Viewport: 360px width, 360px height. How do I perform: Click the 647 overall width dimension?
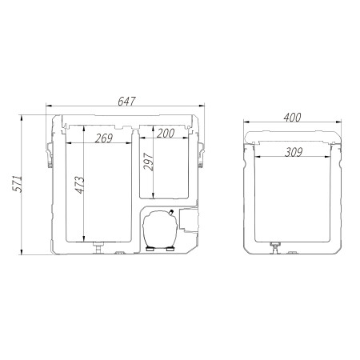(126, 102)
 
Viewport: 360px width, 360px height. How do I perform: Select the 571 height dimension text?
(18, 184)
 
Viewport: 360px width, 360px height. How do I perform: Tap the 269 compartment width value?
(104, 138)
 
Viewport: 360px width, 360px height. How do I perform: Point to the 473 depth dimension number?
(79, 185)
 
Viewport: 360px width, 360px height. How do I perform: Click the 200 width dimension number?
(166, 134)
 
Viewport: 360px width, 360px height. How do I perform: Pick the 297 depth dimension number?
(149, 162)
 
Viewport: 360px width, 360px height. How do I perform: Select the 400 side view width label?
(292, 118)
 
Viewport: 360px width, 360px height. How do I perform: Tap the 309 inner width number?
(294, 152)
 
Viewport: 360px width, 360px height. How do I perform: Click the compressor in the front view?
(160, 229)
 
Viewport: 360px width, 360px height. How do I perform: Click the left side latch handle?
(50, 154)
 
